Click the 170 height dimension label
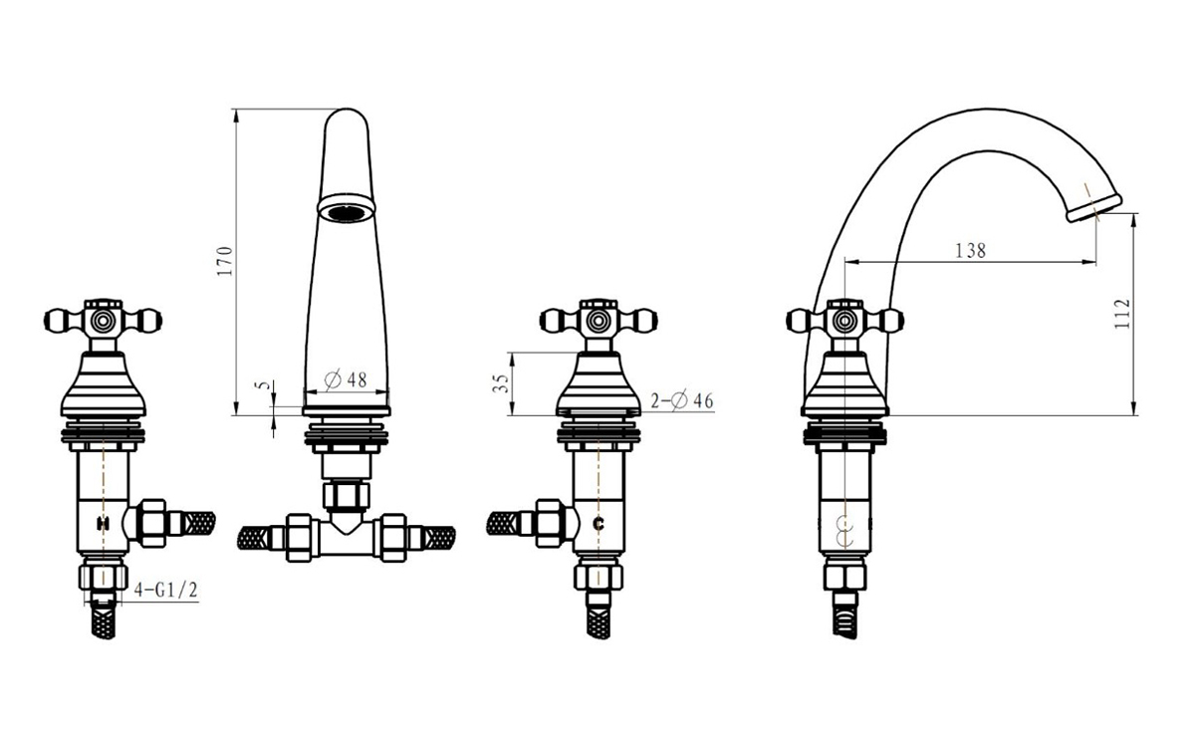(225, 261)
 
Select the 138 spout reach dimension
(970, 250)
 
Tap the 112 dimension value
(1122, 314)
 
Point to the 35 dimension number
(500, 383)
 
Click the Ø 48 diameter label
(346, 379)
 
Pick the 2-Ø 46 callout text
(682, 400)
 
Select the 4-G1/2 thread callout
(166, 590)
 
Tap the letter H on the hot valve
(103, 523)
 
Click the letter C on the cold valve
(598, 524)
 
